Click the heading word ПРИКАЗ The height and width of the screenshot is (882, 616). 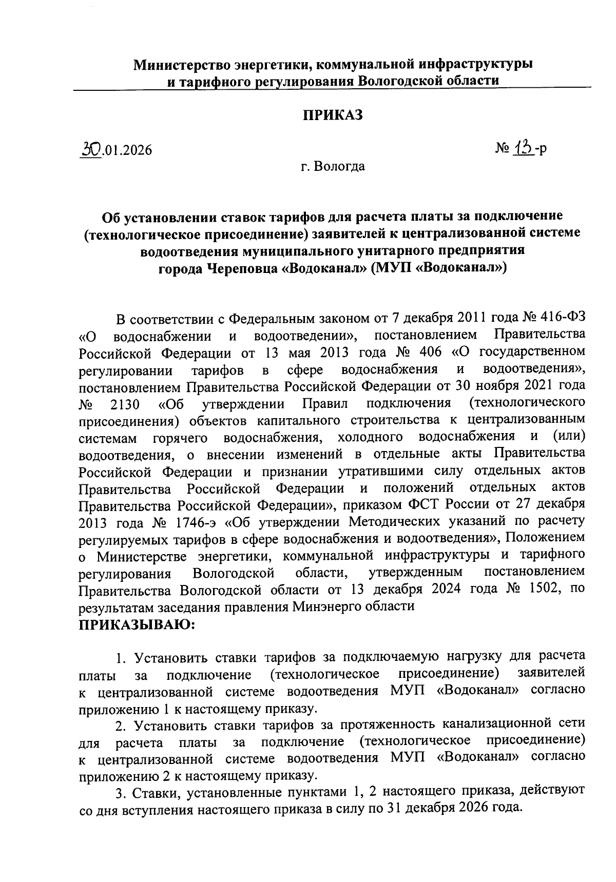point(332,115)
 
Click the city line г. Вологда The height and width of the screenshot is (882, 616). point(333,166)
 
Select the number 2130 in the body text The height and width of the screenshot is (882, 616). point(125,404)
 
